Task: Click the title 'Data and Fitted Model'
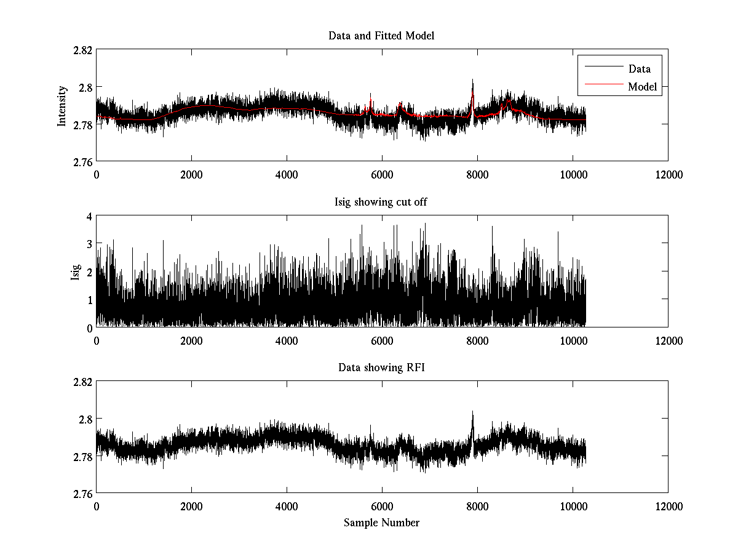coord(381,36)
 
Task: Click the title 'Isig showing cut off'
coord(381,202)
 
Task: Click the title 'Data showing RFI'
coord(381,368)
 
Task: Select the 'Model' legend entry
coord(642,87)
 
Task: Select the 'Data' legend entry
coord(639,69)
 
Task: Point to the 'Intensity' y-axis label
coord(62,105)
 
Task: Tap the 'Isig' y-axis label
coord(76,271)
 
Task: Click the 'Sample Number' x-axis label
coord(381,523)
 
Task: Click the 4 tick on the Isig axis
coord(89,216)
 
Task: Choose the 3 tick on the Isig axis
coord(89,244)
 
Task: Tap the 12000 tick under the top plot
coord(668,175)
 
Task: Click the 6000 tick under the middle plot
coord(382,341)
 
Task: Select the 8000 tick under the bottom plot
coord(477,507)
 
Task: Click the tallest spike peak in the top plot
coord(472,80)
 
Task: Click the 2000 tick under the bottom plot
coord(191,507)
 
